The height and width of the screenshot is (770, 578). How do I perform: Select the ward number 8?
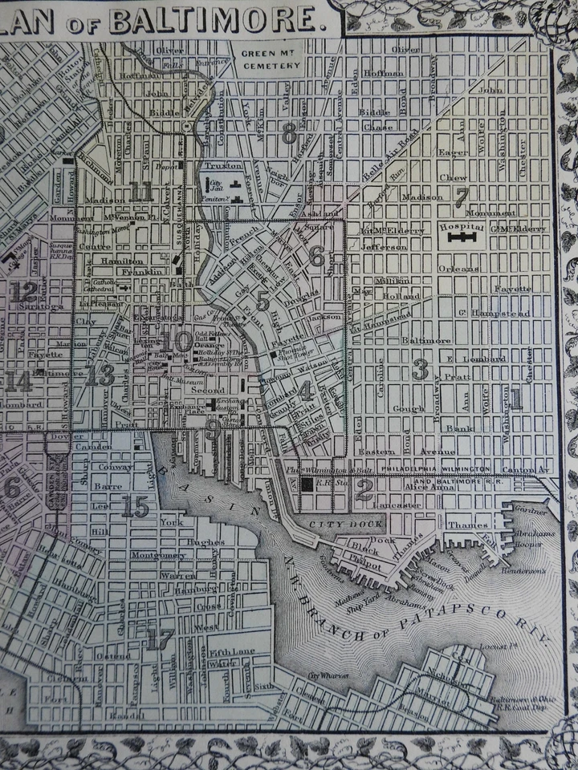[290, 135]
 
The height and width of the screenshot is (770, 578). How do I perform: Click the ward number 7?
[461, 197]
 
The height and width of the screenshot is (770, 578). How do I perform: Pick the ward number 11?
[142, 191]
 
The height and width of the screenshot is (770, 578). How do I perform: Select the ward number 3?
[419, 369]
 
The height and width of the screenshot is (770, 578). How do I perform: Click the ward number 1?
[516, 399]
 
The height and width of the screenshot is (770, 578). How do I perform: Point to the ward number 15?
[135, 507]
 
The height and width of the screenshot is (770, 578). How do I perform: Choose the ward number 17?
[161, 638]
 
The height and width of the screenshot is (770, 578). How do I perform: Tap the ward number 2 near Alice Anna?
[364, 490]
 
